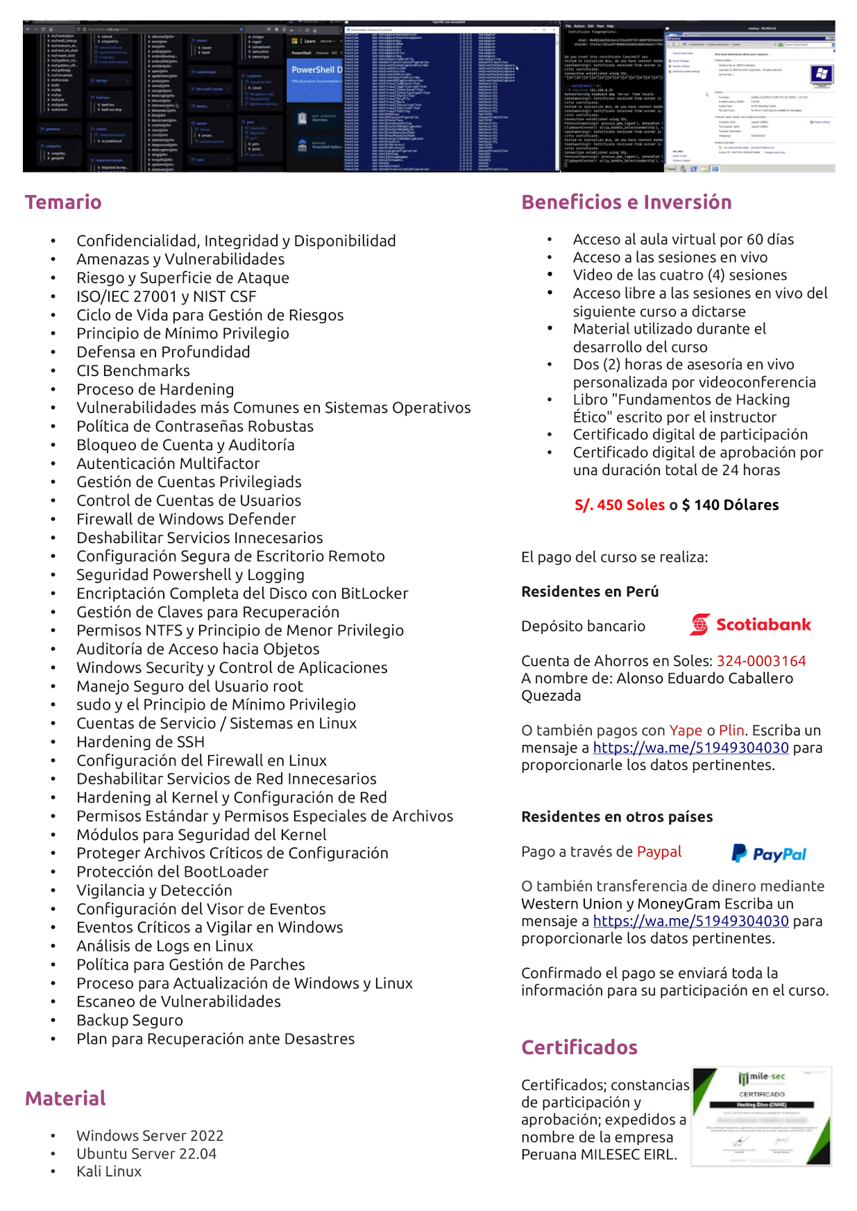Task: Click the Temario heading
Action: click(63, 202)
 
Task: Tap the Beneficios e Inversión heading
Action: click(626, 202)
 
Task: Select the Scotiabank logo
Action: click(750, 625)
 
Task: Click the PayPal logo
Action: click(769, 854)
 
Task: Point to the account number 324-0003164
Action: click(761, 661)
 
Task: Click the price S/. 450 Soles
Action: click(620, 505)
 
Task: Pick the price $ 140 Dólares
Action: click(730, 505)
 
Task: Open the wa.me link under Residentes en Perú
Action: click(690, 748)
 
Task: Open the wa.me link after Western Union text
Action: click(690, 921)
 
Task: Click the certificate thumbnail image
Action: click(761, 1116)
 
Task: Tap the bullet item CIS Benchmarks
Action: click(133, 371)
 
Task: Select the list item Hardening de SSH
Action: click(140, 742)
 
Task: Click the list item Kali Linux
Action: click(109, 1171)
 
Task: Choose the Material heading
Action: click(65, 1099)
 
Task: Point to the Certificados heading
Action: click(579, 1047)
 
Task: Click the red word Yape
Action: click(686, 730)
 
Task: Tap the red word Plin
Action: click(731, 730)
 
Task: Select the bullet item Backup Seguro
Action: click(130, 1020)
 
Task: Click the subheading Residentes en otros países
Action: click(617, 817)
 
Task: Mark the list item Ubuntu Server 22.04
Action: click(146, 1154)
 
